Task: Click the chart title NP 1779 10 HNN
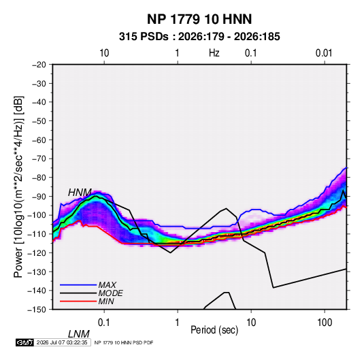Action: pos(199,19)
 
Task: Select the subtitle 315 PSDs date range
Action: pos(199,37)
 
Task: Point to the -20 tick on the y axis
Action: pos(39,65)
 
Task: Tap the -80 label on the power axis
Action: pos(39,178)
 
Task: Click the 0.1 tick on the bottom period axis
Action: pos(104,323)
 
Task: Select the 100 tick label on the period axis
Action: pos(325,323)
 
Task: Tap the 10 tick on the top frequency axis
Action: pos(104,53)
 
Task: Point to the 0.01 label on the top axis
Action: pos(324,53)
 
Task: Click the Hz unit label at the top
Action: pos(214,53)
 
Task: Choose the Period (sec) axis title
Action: pos(214,330)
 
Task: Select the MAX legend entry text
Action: pos(107,285)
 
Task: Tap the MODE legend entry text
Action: pos(110,293)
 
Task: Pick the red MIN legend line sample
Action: pos(78,301)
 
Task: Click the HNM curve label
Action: pos(80,193)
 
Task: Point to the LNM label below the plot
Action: pos(78,334)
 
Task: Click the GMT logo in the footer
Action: pos(25,342)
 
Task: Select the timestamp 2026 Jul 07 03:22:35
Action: pos(62,342)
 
